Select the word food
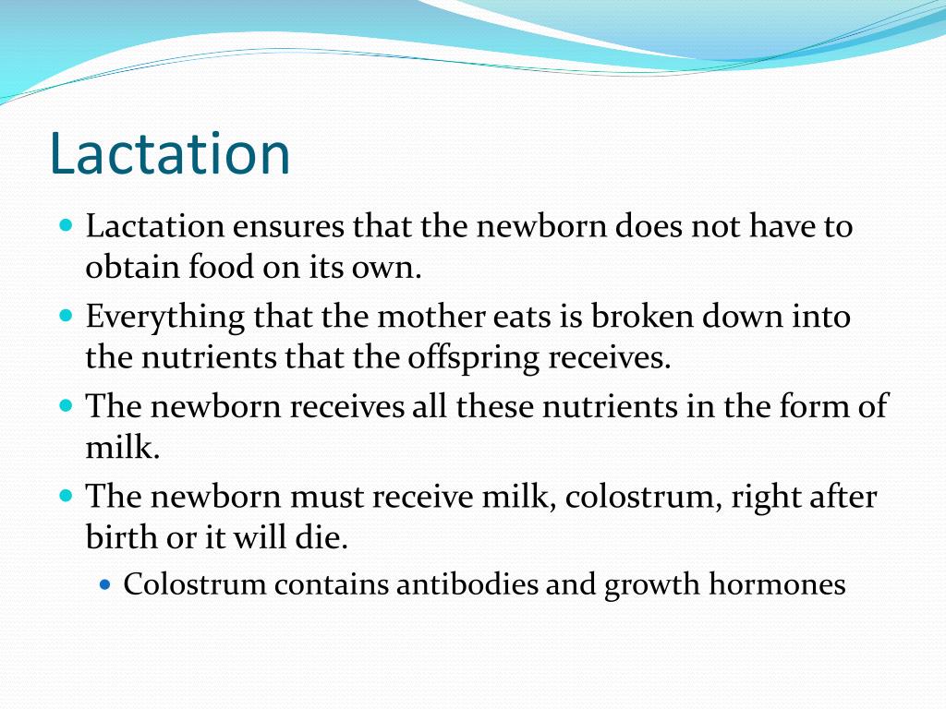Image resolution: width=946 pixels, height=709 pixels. tap(214, 268)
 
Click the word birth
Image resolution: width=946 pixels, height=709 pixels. tap(118, 538)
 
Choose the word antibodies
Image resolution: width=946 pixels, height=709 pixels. tap(455, 585)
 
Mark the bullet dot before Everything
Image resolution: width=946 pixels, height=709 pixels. tap(66, 315)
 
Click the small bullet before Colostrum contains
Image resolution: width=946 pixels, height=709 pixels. tap(104, 584)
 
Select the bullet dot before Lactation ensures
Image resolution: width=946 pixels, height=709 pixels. tap(66, 224)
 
